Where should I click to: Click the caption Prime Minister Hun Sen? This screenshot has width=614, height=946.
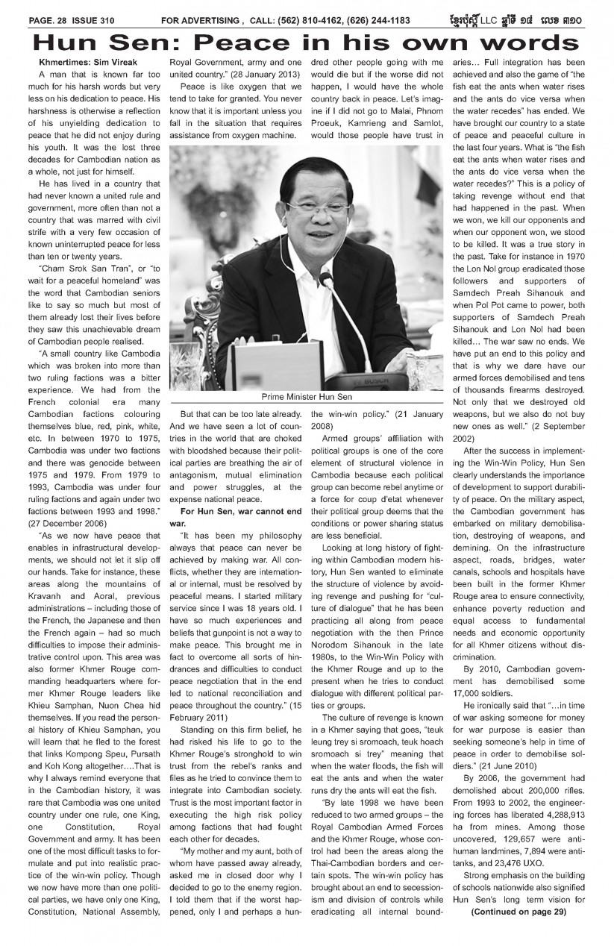304,396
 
